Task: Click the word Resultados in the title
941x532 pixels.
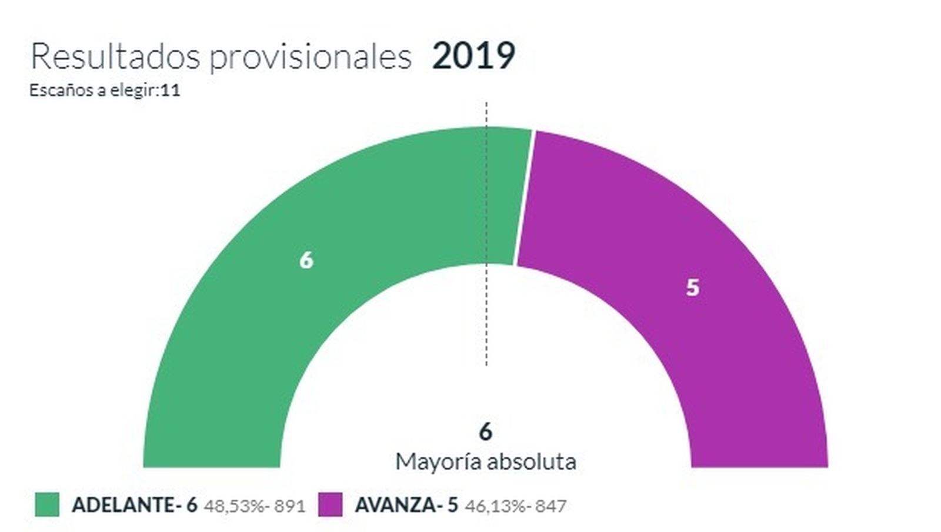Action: click(115, 57)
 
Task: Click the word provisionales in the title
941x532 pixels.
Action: click(310, 57)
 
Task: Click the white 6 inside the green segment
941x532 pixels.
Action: click(306, 260)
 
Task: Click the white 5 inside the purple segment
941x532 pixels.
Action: click(693, 288)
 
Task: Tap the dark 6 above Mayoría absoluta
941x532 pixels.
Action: click(485, 432)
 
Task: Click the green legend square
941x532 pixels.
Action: click(47, 505)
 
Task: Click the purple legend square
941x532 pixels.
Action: click(330, 505)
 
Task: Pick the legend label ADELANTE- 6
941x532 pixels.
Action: click(134, 505)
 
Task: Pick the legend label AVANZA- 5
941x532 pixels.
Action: click(406, 505)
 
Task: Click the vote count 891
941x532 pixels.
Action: click(290, 506)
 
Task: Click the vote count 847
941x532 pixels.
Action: click(550, 506)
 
